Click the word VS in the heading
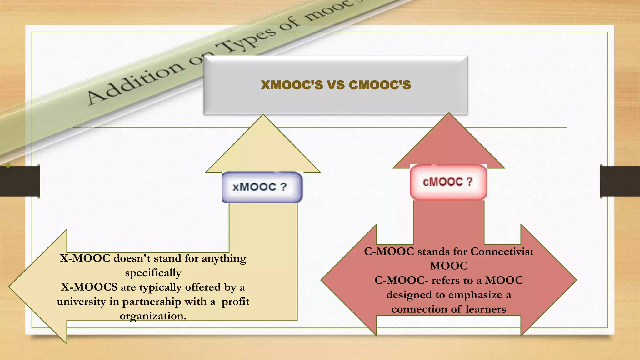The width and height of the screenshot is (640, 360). tap(336, 85)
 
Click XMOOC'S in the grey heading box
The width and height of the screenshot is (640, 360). tap(292, 85)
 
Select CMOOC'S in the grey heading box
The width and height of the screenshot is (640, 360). tap(380, 85)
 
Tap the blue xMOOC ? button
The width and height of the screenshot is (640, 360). tap(262, 187)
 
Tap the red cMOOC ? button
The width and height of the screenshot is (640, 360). tap(448, 182)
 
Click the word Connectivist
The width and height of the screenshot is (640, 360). tap(502, 252)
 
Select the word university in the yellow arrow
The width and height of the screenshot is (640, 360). tap(81, 302)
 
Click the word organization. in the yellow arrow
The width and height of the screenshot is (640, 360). tap(153, 316)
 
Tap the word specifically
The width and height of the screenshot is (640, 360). tap(153, 273)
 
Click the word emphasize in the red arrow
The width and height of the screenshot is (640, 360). tap(475, 295)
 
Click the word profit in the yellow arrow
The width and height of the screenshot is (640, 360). tap(235, 302)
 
